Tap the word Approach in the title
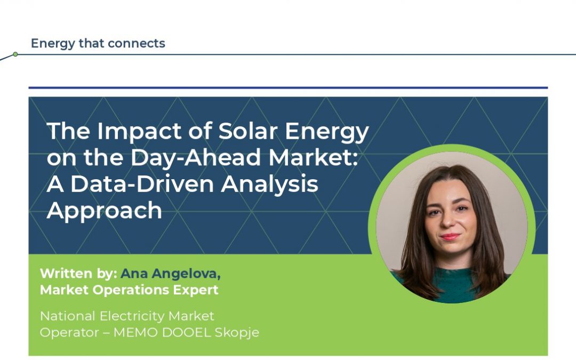click(105, 210)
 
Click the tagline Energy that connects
click(98, 43)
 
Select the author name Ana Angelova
click(171, 274)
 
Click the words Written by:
click(78, 274)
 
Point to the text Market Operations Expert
click(129, 290)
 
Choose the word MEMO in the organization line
click(137, 332)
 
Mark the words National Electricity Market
click(127, 316)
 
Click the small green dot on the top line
click(15, 54)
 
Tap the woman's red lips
click(451, 236)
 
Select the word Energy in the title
click(327, 131)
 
